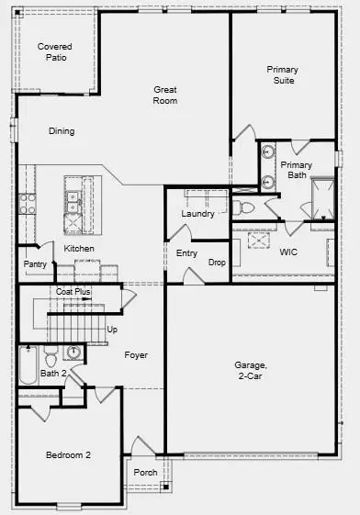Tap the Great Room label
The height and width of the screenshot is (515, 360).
[165, 95]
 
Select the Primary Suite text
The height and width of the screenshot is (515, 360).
[282, 74]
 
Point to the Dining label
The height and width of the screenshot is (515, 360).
[62, 131]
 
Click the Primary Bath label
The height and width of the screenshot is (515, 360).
[296, 170]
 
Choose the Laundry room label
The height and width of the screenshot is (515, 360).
[197, 214]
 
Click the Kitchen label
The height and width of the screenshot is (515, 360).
[79, 249]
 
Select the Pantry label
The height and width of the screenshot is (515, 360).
[36, 264]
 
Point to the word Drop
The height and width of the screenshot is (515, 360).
[217, 263]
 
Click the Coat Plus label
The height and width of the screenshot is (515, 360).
[73, 291]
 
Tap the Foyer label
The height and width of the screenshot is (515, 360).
[135, 354]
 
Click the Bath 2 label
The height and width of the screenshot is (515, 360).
[52, 373]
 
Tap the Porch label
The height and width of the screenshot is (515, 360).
[143, 474]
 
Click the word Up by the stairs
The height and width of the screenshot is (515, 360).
[112, 329]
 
